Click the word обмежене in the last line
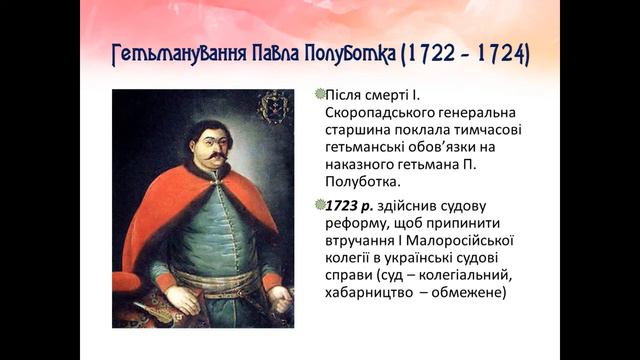pyautogui.click(x=474, y=294)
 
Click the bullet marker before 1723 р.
pyautogui.click(x=319, y=204)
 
